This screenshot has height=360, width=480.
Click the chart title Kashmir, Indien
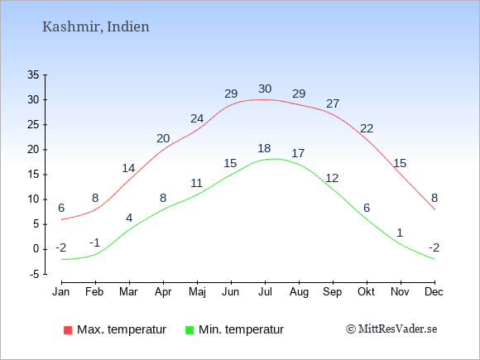point(96,27)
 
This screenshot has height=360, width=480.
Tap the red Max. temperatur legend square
point(68,330)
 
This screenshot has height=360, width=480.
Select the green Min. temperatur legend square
point(190,330)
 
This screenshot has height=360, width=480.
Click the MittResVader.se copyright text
point(391,329)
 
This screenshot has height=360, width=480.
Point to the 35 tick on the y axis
point(33,74)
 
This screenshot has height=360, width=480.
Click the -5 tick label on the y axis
point(35,274)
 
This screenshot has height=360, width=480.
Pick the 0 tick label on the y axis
point(36,249)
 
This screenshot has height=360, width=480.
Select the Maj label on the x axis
point(197,292)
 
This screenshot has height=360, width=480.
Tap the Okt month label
point(366,292)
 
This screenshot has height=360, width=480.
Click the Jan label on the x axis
point(61,292)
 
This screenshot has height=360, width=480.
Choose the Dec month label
point(434,292)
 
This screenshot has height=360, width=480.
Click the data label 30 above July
point(265,89)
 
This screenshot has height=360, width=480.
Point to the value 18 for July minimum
point(264,148)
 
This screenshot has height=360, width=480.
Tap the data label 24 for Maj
point(197,118)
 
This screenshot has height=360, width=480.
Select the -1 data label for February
point(95,242)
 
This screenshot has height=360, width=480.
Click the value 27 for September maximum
point(333,103)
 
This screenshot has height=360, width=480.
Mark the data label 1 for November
point(400,233)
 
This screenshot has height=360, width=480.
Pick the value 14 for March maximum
point(128,168)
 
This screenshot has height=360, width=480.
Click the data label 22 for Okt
point(367,128)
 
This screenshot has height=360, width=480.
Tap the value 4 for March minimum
point(129,218)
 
